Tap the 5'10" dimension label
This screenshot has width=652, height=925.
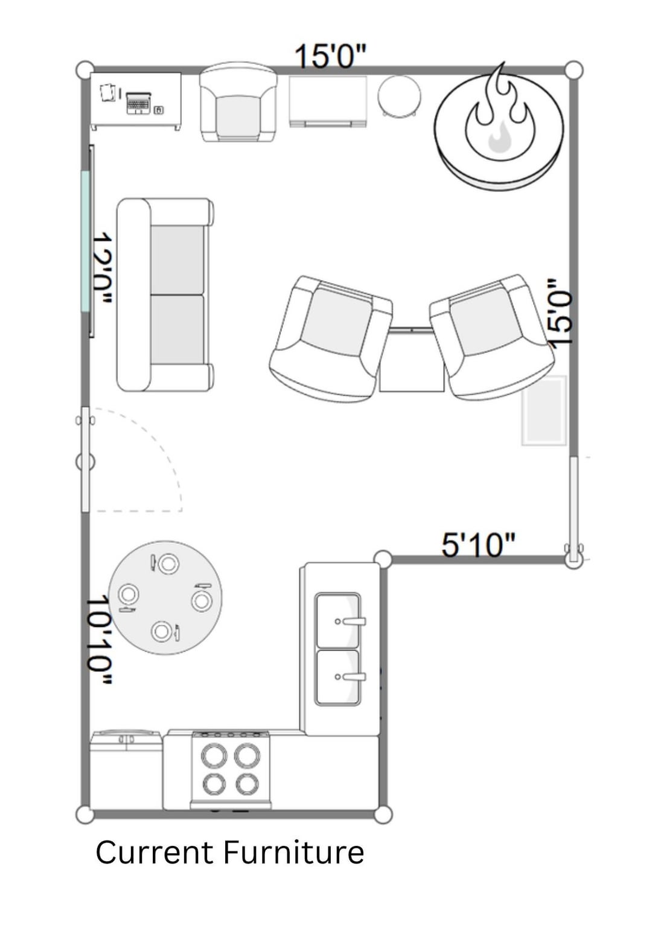pos(479,545)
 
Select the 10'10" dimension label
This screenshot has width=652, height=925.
pos(100,640)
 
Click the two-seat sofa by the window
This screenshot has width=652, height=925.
pos(165,295)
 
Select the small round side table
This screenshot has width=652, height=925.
pos(400,98)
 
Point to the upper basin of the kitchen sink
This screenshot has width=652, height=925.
pos(337,621)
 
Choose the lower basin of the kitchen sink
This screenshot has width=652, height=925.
pos(337,677)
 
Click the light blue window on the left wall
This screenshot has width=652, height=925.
pos(85,241)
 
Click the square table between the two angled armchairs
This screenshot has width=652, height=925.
pos(411,359)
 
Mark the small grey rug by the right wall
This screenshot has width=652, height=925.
pos(544,410)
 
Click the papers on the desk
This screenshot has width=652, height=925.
pos(107,92)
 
